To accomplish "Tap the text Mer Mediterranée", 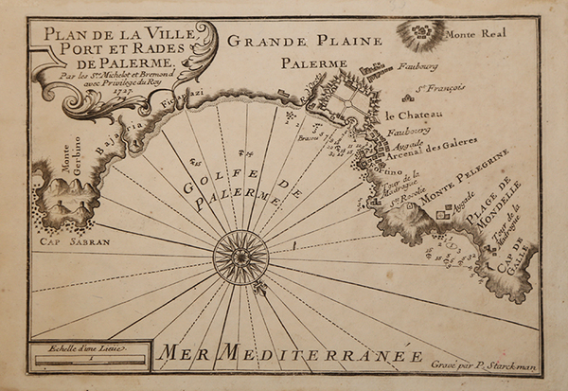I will click(289, 357).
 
